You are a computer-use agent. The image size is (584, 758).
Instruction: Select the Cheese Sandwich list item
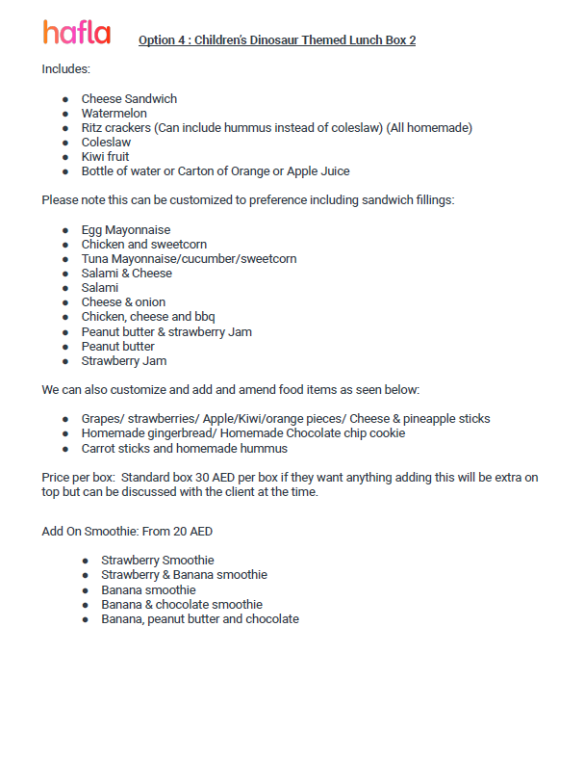(129, 99)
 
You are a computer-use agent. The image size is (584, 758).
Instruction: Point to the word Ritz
(92, 128)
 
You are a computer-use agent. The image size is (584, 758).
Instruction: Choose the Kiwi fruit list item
(105, 157)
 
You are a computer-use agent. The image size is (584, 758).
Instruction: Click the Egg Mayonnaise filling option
(126, 230)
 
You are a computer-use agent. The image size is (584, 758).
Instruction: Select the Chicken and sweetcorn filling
(143, 245)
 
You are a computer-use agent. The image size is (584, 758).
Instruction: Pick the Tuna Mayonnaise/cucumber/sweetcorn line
(189, 259)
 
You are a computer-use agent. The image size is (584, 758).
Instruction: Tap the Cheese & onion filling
(123, 302)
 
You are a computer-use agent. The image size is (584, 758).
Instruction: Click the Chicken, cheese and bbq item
(146, 317)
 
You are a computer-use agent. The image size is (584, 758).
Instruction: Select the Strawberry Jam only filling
(124, 361)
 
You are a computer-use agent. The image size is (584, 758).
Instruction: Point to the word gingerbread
(176, 433)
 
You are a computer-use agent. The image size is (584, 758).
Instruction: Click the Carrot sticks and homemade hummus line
(184, 448)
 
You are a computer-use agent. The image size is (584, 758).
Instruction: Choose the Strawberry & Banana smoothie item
(185, 575)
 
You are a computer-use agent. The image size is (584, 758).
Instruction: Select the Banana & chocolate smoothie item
(182, 605)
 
